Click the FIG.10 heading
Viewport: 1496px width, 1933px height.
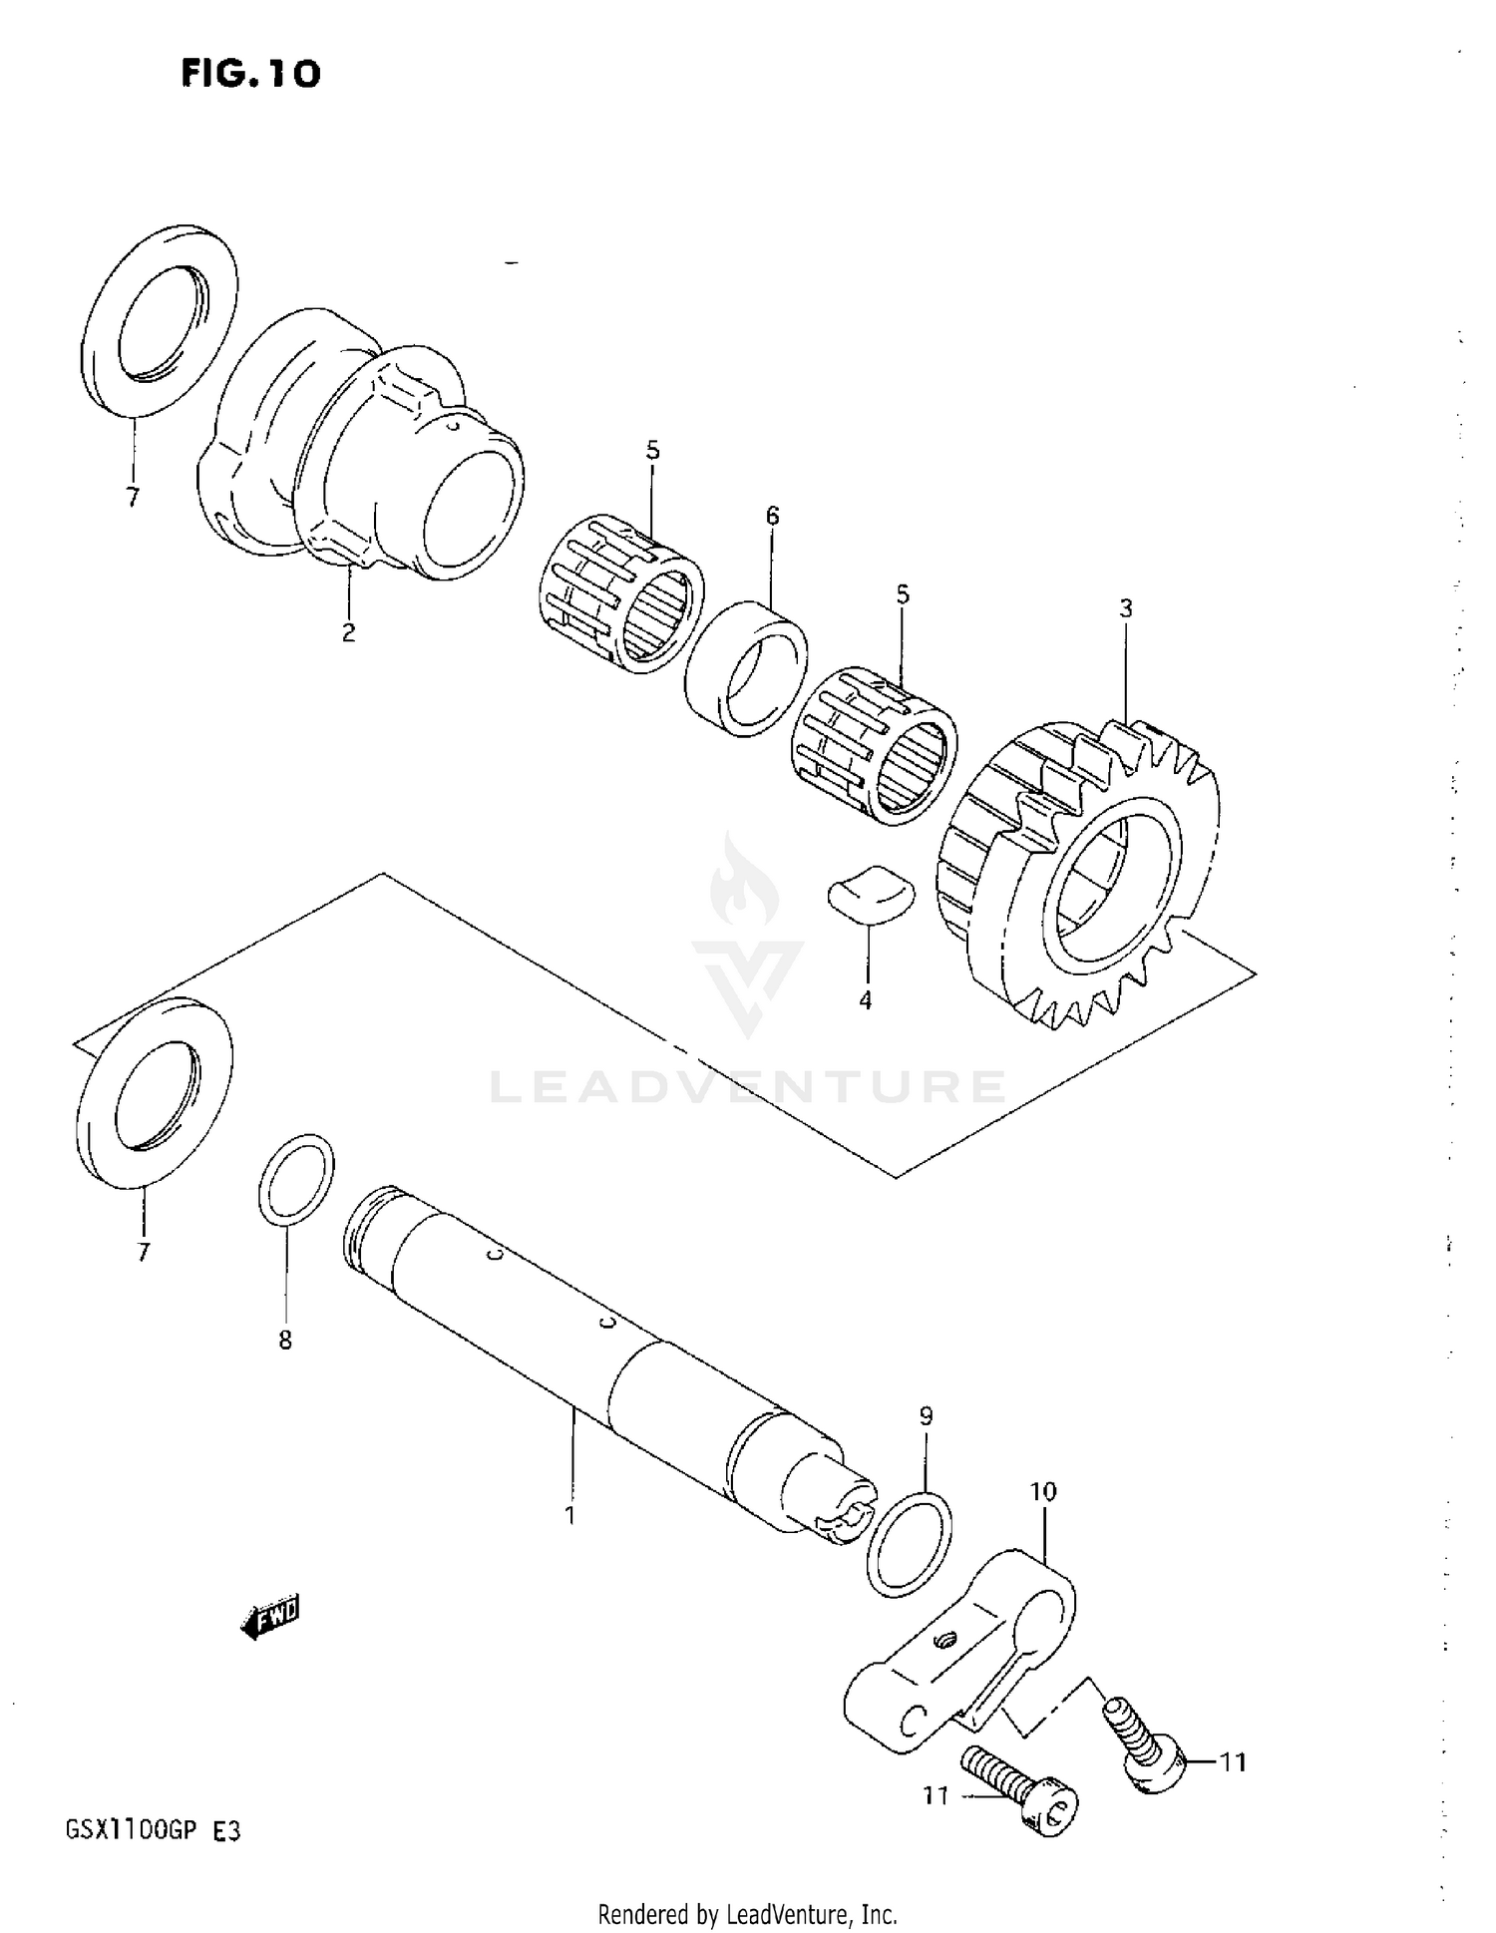[250, 73]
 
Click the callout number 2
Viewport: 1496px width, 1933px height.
[348, 632]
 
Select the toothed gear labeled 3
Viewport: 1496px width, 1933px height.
[1082, 878]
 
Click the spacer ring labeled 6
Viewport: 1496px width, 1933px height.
[747, 666]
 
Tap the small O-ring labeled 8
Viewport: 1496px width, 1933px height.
[296, 1178]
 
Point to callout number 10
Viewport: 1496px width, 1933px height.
[1042, 1493]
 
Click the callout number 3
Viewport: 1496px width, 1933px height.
[1126, 608]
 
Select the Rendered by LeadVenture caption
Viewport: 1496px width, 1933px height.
[747, 1914]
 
